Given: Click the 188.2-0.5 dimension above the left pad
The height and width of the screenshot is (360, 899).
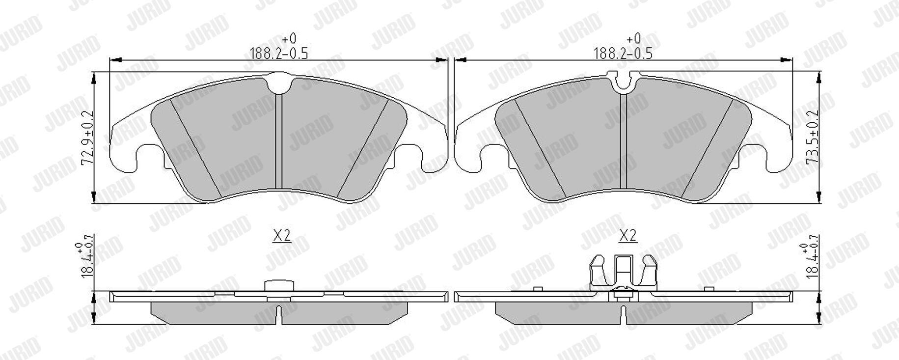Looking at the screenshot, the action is click(x=279, y=53).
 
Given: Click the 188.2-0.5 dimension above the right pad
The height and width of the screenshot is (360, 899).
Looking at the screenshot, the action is click(x=623, y=53).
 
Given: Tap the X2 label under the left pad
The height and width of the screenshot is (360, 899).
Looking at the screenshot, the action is click(x=282, y=236).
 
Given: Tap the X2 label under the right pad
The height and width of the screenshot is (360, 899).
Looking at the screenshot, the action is click(x=627, y=236).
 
